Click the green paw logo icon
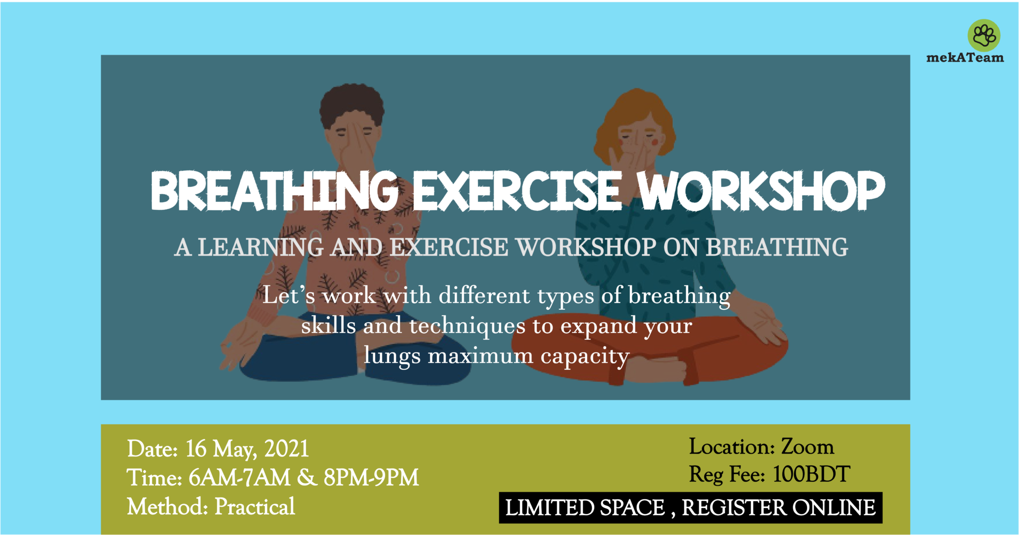[x=984, y=35]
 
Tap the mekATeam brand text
[x=965, y=58]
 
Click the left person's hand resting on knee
[x=239, y=343]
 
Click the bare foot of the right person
[x=657, y=370]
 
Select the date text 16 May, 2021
[x=247, y=449]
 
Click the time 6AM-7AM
[x=239, y=478]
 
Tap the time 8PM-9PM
[x=371, y=478]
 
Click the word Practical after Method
[x=255, y=507]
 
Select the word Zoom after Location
[x=807, y=446]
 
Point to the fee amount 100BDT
[x=811, y=474]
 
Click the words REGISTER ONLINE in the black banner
[x=778, y=508]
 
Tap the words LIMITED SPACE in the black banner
[x=585, y=508]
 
